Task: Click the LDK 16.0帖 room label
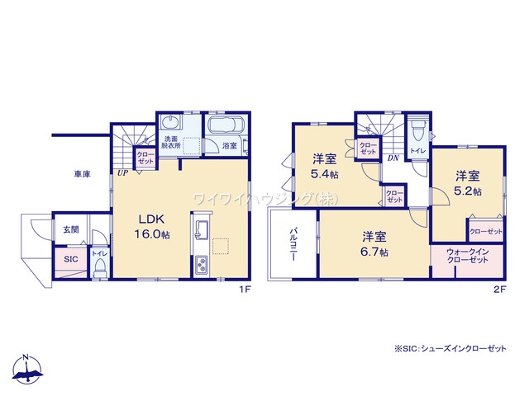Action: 153,227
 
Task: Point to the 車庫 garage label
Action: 81,174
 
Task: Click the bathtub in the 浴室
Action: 223,126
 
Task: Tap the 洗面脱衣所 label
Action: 171,144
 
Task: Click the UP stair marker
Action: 122,172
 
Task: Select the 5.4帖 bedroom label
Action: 324,167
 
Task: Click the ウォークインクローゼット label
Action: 464,256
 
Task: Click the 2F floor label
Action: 498,288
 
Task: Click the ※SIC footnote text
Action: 450,350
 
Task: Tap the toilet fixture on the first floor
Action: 101,266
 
